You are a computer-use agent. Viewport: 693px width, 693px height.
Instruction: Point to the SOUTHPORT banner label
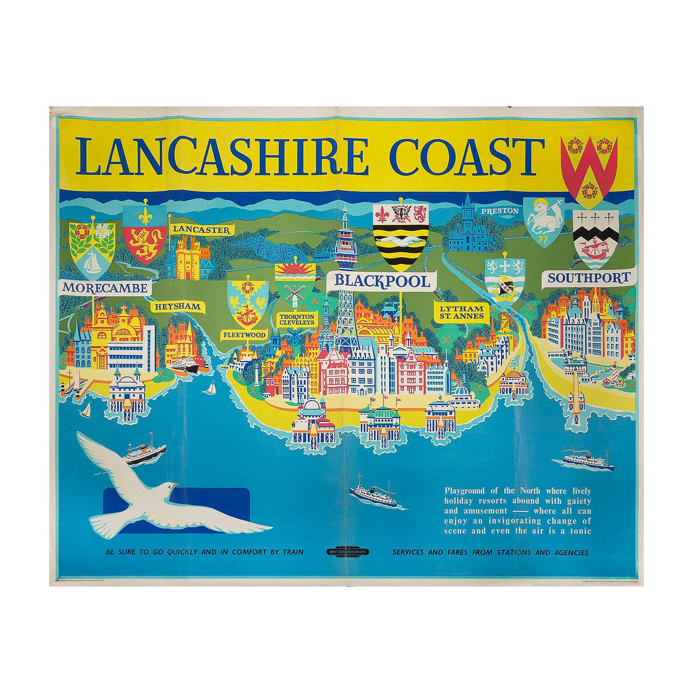tap(588, 278)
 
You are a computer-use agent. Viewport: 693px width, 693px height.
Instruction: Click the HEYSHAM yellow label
tap(177, 307)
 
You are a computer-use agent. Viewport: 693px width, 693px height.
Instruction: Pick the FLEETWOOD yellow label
tap(245, 334)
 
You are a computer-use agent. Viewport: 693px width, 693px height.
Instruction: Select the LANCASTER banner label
tap(203, 229)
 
